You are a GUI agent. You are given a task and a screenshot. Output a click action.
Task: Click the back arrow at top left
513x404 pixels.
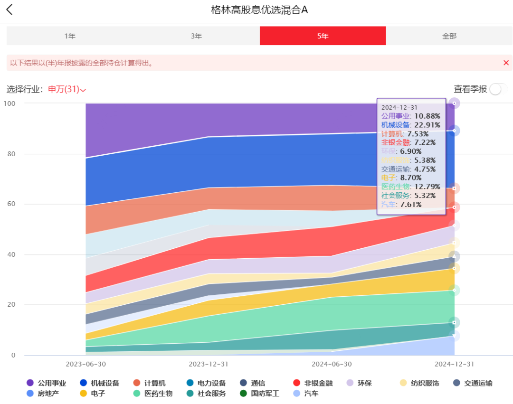coord(9,10)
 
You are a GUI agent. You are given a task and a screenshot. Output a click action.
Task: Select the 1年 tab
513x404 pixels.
coord(70,36)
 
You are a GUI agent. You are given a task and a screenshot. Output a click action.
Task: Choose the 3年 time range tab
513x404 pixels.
coord(196,36)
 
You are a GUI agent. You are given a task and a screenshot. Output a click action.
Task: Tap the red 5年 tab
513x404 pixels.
coord(323,36)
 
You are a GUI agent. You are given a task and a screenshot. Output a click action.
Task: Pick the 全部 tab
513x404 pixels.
coord(449,36)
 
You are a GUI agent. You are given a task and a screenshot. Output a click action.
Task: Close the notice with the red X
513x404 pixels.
coord(506,63)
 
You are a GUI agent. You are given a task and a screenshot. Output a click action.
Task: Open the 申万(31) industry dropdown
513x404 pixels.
coord(67,89)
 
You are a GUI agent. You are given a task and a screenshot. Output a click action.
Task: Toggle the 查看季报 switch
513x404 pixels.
coord(496,89)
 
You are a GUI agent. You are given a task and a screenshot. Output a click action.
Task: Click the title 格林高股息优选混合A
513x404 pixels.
coord(259,10)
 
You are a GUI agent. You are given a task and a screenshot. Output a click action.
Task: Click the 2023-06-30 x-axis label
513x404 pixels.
coord(86,364)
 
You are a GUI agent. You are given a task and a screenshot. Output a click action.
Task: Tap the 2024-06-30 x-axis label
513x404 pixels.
coord(332,364)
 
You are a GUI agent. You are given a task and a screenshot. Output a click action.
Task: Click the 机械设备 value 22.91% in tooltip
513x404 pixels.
coord(427,125)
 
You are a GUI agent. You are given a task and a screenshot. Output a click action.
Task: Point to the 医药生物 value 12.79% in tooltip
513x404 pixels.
coord(427,187)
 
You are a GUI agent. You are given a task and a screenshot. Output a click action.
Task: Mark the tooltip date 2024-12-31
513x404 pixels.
coord(399,108)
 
